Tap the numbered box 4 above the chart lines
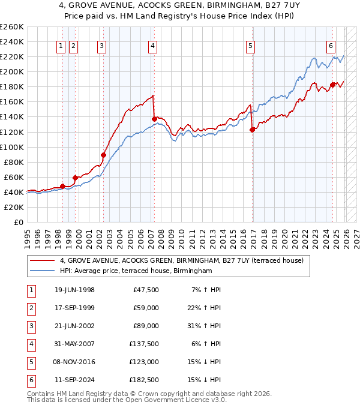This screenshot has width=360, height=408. pyautogui.click(x=153, y=46)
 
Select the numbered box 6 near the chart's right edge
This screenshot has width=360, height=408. pyautogui.click(x=331, y=46)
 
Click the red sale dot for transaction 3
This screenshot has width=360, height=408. pyautogui.click(x=103, y=155)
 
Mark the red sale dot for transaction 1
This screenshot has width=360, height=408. pyautogui.click(x=62, y=186)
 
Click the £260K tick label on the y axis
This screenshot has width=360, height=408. pyautogui.click(x=12, y=26)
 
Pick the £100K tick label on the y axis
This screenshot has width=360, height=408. pyautogui.click(x=12, y=147)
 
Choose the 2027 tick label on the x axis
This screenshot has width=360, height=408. pyautogui.click(x=356, y=235)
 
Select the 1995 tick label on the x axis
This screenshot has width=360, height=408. pyautogui.click(x=28, y=235)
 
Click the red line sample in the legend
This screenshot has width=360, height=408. pyautogui.click(x=42, y=260)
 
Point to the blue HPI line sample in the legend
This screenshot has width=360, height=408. pyautogui.click(x=42, y=271)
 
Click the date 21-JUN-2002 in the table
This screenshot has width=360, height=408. pyautogui.click(x=74, y=326)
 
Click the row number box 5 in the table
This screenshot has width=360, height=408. pyautogui.click(x=29, y=362)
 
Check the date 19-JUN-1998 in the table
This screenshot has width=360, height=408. pyautogui.click(x=74, y=290)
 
